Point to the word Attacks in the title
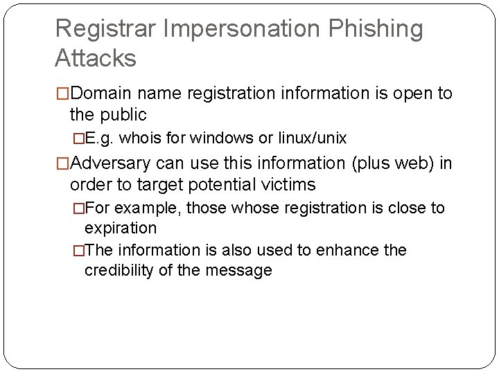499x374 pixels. tap(96, 58)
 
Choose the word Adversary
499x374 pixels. tap(113, 163)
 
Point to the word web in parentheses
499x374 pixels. tap(405, 163)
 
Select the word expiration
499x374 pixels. tap(121, 228)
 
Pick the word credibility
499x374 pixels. tap(119, 270)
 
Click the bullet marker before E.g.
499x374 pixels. tap(78, 138)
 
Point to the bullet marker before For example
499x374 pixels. tap(78, 208)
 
